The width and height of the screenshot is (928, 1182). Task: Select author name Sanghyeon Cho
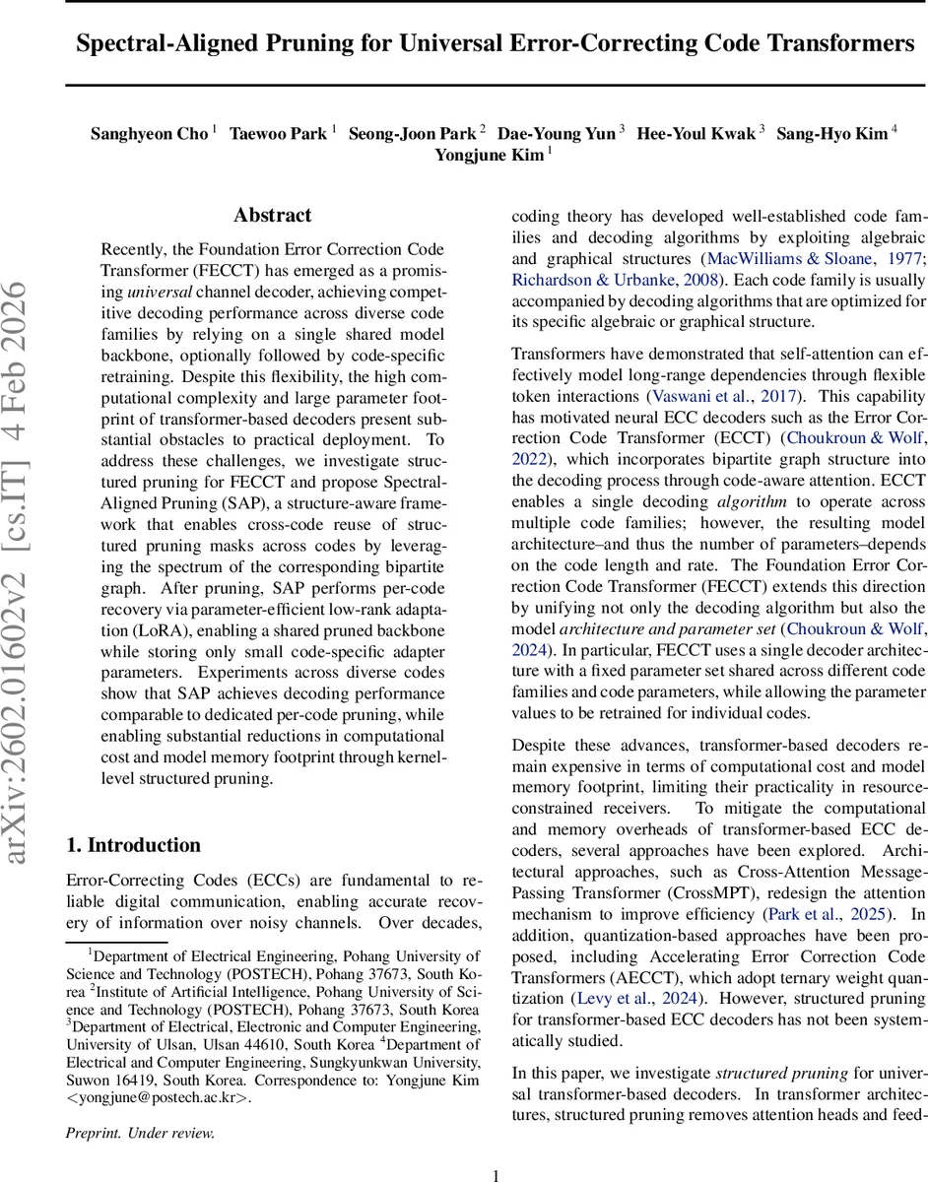pyautogui.click(x=149, y=134)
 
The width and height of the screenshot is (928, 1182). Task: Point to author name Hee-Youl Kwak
pyautogui.click(x=696, y=134)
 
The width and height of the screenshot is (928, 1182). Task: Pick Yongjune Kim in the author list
pyautogui.click(x=488, y=156)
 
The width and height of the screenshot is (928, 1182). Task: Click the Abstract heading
pyautogui.click(x=272, y=215)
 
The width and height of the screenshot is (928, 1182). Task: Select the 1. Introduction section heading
pyautogui.click(x=133, y=845)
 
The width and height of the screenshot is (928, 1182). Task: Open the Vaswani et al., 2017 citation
pyautogui.click(x=723, y=396)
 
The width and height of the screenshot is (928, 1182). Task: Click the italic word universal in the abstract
pyautogui.click(x=160, y=293)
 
